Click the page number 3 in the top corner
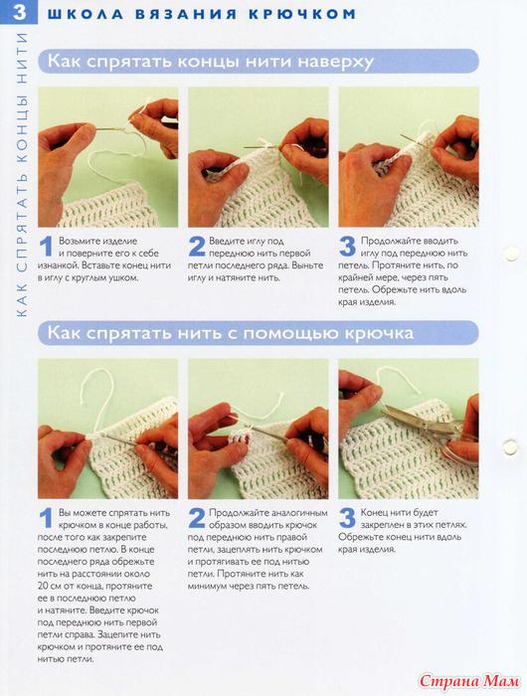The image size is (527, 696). pyautogui.click(x=20, y=12)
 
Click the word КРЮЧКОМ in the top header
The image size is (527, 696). pyautogui.click(x=302, y=14)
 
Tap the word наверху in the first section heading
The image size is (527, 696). pyautogui.click(x=335, y=62)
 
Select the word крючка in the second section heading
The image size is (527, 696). pyautogui.click(x=375, y=333)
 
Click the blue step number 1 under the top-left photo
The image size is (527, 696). pyautogui.click(x=46, y=247)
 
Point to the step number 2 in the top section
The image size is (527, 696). pyautogui.click(x=197, y=247)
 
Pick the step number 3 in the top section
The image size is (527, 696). pyautogui.click(x=347, y=247)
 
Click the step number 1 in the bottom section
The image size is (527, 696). pyautogui.click(x=46, y=518)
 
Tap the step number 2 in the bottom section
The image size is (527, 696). pyautogui.click(x=197, y=518)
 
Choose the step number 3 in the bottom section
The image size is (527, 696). pyautogui.click(x=347, y=518)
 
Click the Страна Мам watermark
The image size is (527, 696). pyautogui.click(x=469, y=680)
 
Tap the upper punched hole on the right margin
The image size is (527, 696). pyautogui.click(x=511, y=254)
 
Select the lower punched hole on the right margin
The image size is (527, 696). pyautogui.click(x=510, y=446)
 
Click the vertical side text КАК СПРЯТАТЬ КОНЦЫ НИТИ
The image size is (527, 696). pyautogui.click(x=21, y=174)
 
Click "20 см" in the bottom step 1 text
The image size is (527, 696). pyautogui.click(x=49, y=586)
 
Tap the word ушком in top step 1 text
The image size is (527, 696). pyautogui.click(x=123, y=277)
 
